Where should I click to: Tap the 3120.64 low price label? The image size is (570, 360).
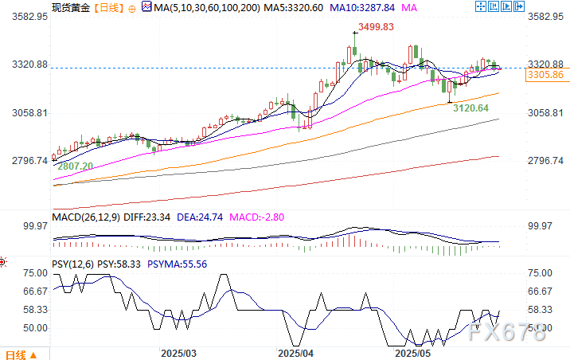tap(470, 108)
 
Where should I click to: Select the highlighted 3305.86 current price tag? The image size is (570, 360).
tap(545, 75)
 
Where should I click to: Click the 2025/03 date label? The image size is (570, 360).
tap(178, 352)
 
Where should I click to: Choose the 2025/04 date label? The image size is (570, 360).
tap(296, 352)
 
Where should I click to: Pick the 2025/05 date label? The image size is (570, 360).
tap(413, 352)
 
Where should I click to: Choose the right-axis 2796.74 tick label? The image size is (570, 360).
tap(545, 161)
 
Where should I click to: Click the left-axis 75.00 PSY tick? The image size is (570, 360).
tap(34, 272)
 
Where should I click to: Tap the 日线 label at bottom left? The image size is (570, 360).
tap(15, 354)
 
